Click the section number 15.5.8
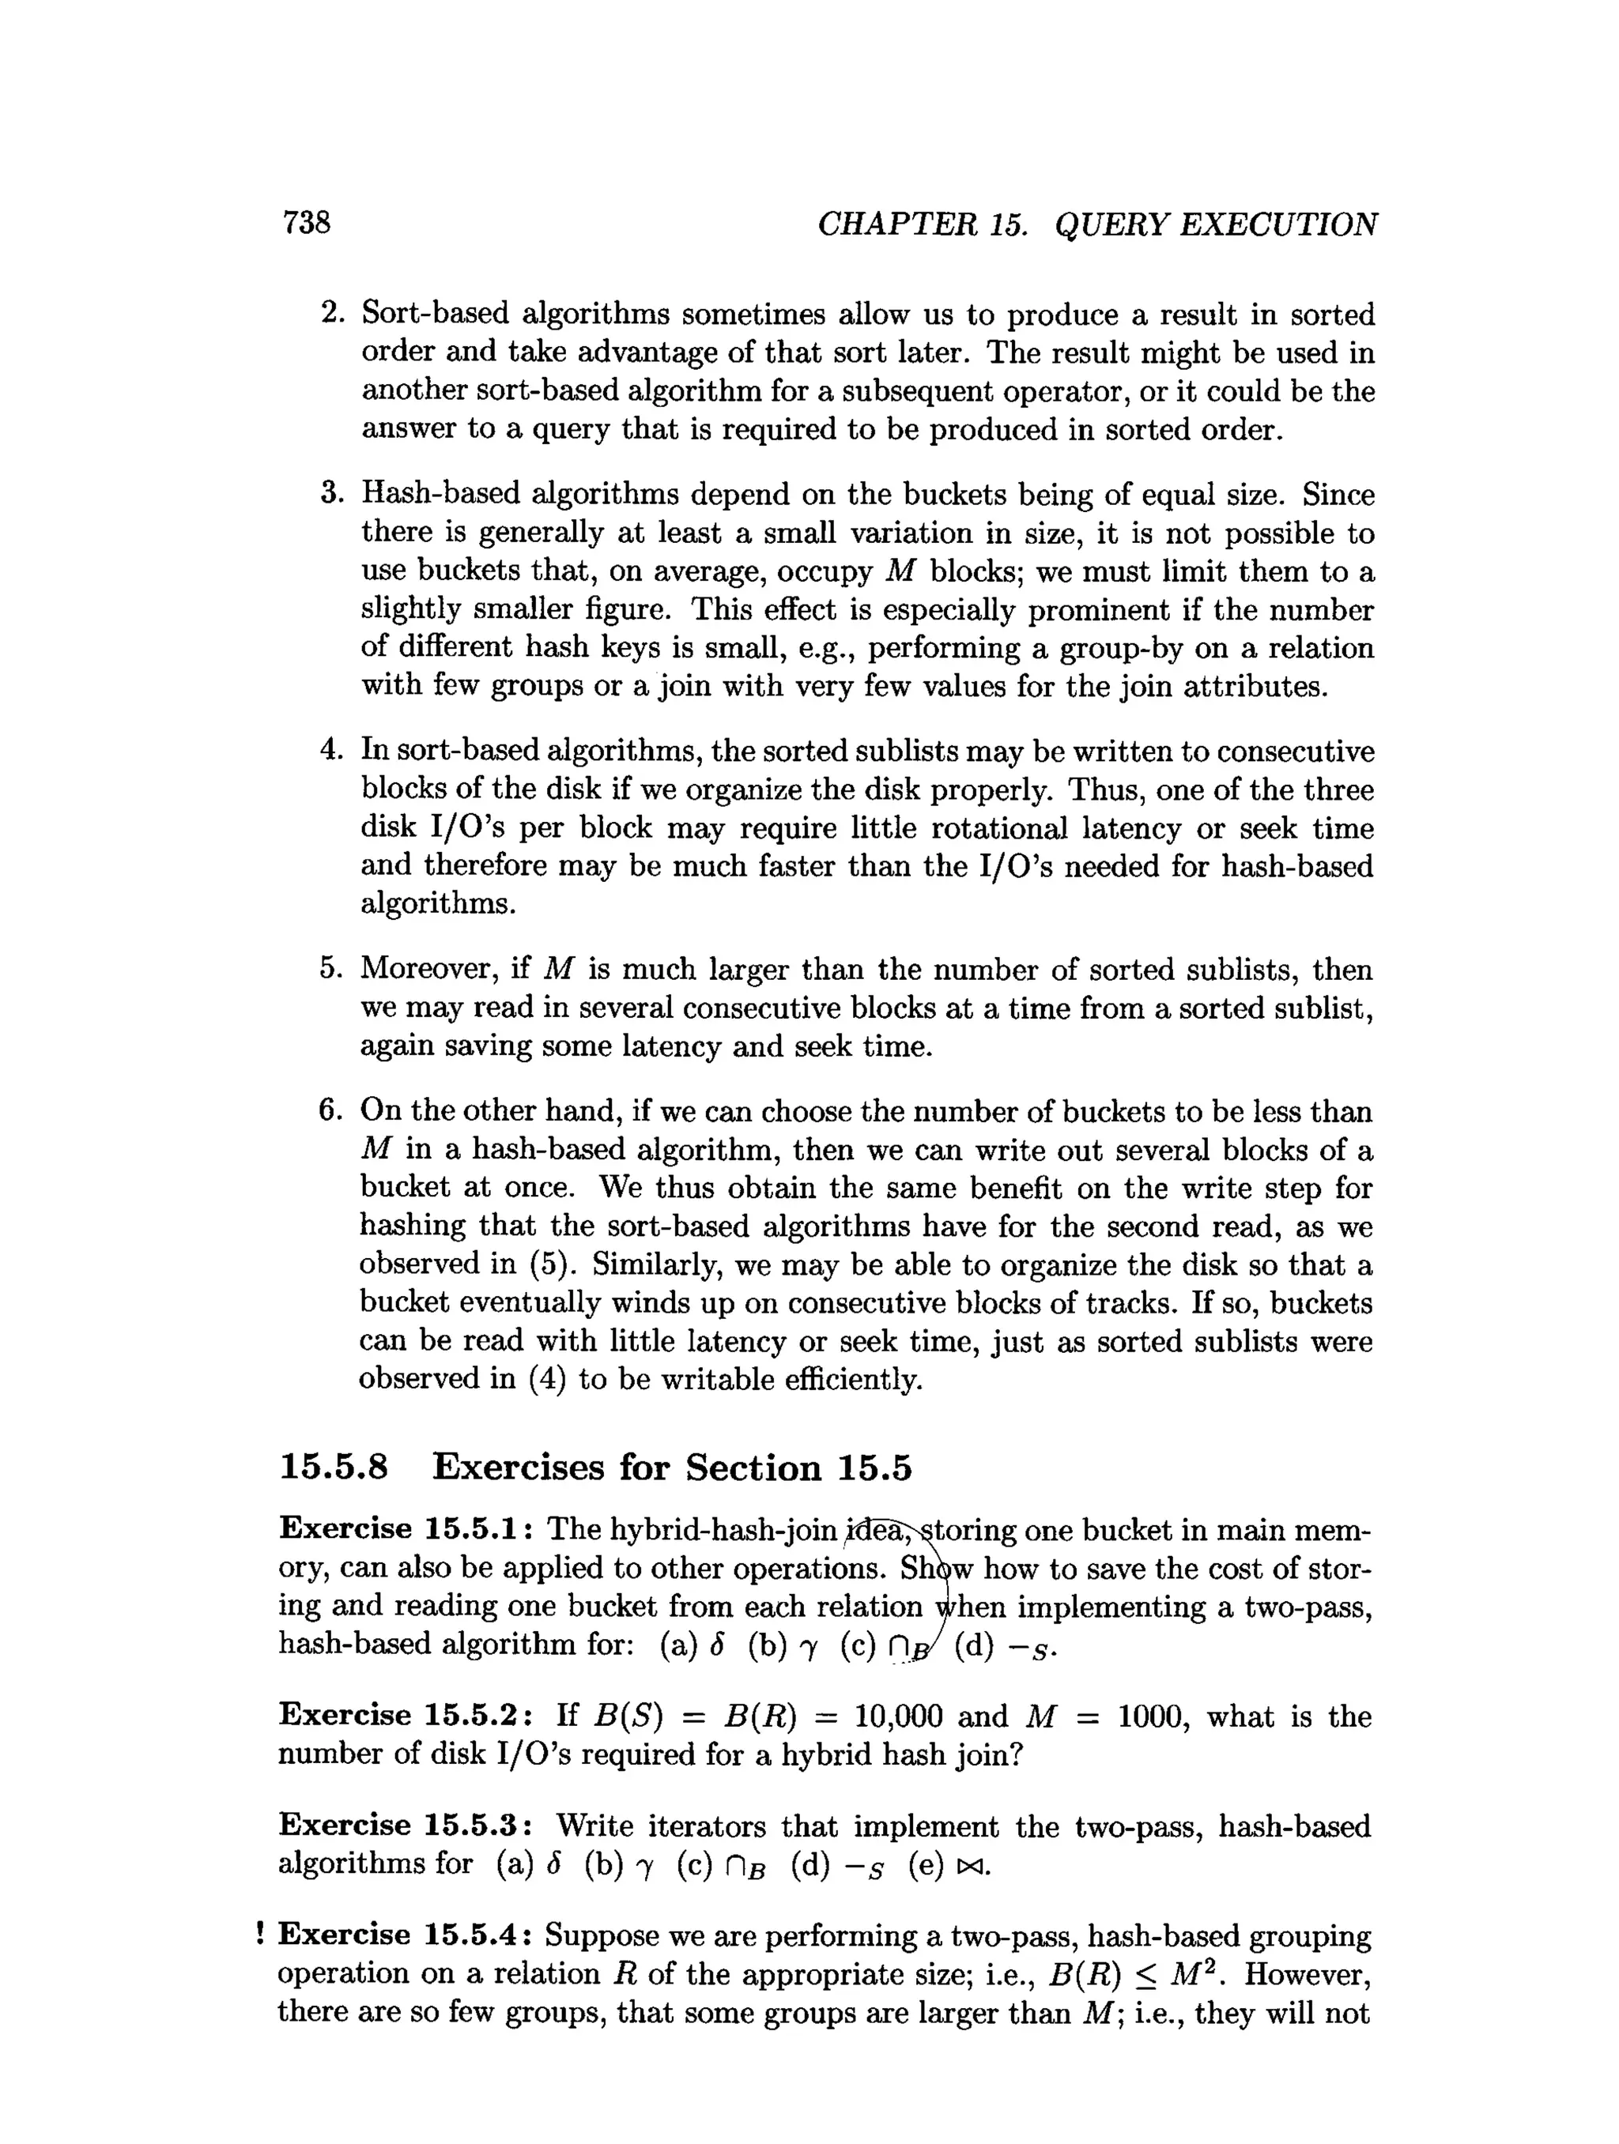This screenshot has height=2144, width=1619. (334, 1468)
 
